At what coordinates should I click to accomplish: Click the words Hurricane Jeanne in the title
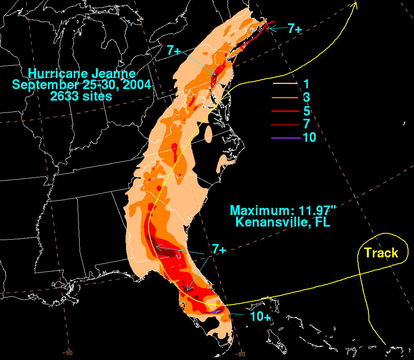(x=82, y=74)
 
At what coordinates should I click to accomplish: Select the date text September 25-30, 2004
(x=82, y=85)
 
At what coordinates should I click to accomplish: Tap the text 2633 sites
(x=82, y=96)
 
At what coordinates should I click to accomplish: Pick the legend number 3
(x=306, y=97)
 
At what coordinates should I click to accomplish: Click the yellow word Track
(x=381, y=253)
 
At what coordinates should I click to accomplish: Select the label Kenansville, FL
(x=283, y=222)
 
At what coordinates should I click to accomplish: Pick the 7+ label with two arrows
(x=218, y=249)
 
